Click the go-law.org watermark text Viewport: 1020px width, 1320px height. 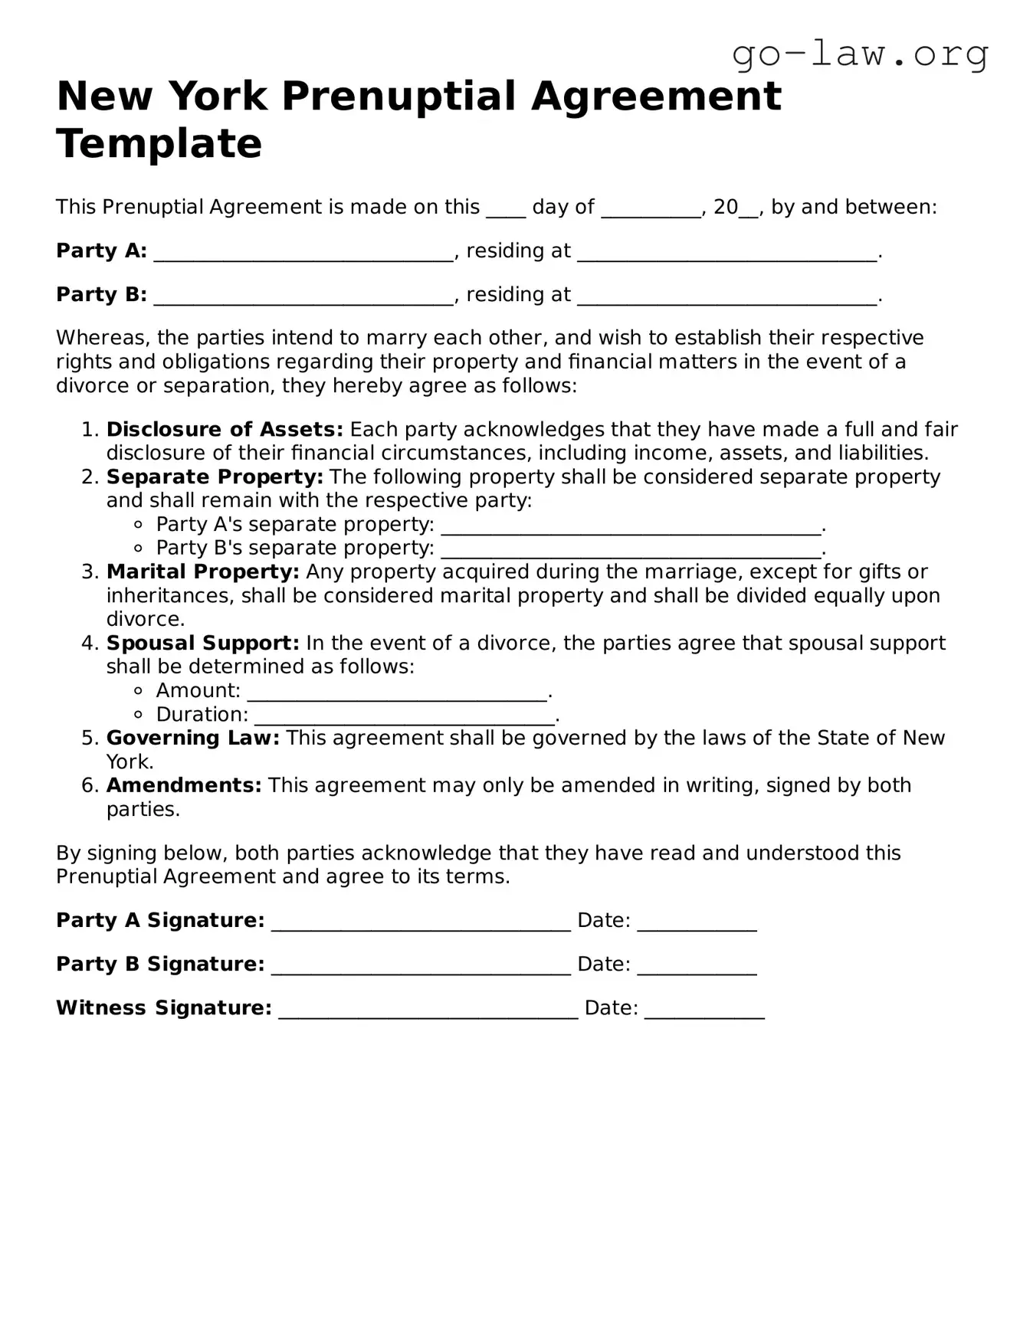[860, 54]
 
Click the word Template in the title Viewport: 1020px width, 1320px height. [159, 143]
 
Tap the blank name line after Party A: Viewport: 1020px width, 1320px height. [303, 253]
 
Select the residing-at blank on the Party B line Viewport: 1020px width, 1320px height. [726, 296]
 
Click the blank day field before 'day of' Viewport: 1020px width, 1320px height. [506, 209]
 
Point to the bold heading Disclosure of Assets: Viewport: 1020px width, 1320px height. [225, 429]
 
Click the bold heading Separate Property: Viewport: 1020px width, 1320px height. [215, 477]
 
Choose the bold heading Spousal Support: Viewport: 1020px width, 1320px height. [202, 643]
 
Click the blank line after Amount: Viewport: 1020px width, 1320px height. [397, 693]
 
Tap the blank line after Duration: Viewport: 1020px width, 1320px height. [403, 716]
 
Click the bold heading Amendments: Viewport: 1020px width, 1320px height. [184, 785]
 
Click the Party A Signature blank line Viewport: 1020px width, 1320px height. [421, 922]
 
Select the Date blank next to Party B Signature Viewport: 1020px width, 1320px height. [697, 966]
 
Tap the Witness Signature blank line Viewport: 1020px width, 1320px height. [428, 1010]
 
